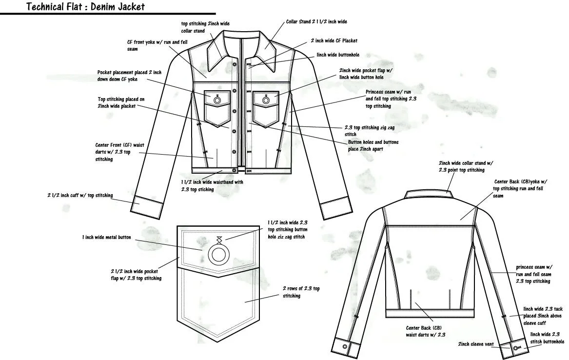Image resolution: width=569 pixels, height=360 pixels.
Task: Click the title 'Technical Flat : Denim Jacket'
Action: point(85,7)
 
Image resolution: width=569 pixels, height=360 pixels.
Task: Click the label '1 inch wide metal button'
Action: point(106,238)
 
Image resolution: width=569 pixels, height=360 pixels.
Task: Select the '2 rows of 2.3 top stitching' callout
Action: point(301,292)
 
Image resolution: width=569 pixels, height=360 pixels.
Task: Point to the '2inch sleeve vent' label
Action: point(475,344)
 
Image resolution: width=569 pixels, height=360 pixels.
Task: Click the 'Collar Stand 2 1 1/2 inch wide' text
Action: point(316,22)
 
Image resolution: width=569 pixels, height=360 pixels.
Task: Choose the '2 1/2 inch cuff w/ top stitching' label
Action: point(80,196)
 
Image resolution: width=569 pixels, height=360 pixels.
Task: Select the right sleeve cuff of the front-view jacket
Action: point(335,207)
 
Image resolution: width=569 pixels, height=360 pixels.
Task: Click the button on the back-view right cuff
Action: point(516,348)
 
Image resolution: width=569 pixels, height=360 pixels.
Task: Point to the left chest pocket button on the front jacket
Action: point(217,100)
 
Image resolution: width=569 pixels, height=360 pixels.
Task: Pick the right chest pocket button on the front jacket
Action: point(266,100)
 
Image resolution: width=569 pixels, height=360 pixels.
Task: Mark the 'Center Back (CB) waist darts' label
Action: point(426,331)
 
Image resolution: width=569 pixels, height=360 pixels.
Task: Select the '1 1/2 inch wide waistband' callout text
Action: point(212,185)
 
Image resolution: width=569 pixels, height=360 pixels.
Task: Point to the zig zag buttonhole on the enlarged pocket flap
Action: point(218,240)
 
